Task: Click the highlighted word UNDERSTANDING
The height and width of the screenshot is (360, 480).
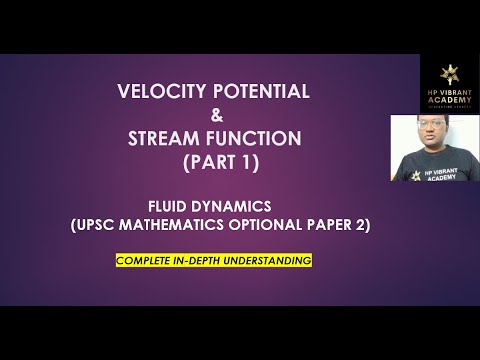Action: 270,260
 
